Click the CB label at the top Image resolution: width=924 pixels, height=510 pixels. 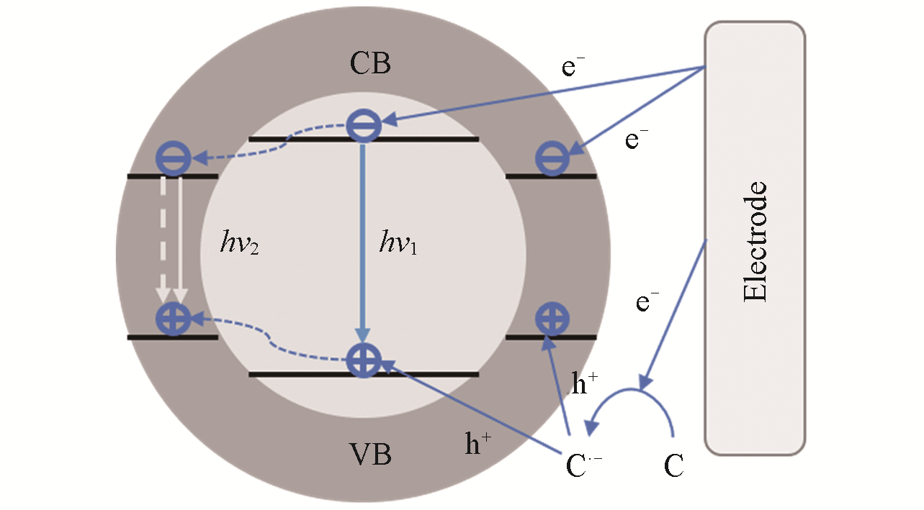point(370,64)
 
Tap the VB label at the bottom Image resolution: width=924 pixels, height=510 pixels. point(370,454)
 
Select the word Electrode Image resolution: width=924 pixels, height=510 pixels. point(755,242)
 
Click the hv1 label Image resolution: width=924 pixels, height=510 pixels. point(398,245)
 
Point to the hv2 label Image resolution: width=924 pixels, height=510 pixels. point(239,245)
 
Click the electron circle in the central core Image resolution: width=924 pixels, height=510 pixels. point(364,126)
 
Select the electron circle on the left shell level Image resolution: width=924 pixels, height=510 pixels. point(173,158)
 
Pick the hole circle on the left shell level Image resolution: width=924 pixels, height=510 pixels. point(173,319)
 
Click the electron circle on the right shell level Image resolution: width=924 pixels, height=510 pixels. point(552,159)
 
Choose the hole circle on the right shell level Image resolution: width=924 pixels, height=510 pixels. point(552,319)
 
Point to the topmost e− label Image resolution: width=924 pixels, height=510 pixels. point(573,68)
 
